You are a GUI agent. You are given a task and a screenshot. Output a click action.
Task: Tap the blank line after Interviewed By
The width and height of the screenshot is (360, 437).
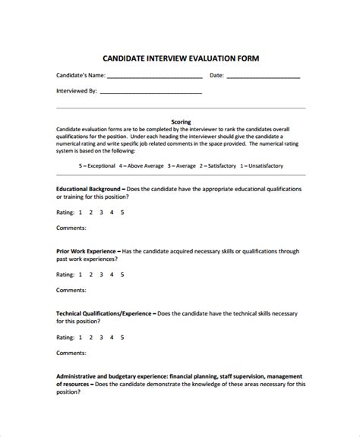pos(150,93)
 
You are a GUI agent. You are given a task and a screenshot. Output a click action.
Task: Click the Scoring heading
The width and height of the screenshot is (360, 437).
pos(181,121)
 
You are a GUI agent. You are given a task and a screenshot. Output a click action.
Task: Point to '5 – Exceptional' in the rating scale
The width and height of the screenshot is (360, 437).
pos(96,165)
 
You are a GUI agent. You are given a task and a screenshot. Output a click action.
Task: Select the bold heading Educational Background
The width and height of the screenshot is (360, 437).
pos(88,188)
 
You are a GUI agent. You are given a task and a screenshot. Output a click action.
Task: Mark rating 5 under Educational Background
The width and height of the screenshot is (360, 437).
pos(122,212)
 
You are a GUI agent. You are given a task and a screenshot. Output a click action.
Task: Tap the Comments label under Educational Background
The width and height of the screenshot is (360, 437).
pos(71,228)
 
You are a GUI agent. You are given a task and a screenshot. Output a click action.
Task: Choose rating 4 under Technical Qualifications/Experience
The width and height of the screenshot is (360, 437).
pos(112,337)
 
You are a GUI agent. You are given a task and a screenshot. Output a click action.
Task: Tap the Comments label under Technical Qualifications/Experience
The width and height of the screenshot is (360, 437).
pos(71,353)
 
